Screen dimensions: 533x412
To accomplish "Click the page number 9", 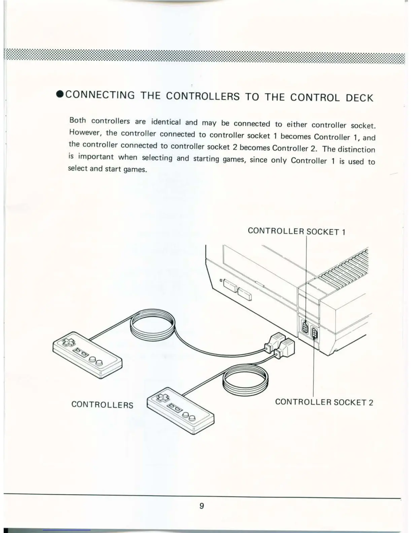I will click(x=202, y=506).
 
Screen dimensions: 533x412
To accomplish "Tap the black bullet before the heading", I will click(x=60, y=94).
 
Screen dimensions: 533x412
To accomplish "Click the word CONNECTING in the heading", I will click(x=100, y=95).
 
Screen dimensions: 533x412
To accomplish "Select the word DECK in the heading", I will click(x=359, y=98).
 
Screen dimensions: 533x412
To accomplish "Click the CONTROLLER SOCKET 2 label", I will click(x=324, y=402).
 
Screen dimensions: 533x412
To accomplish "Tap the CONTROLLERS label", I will click(x=102, y=404).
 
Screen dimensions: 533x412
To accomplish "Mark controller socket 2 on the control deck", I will click(x=315, y=333).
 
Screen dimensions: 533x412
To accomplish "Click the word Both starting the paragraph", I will click(x=77, y=120).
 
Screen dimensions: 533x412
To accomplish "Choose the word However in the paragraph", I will click(x=85, y=132).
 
